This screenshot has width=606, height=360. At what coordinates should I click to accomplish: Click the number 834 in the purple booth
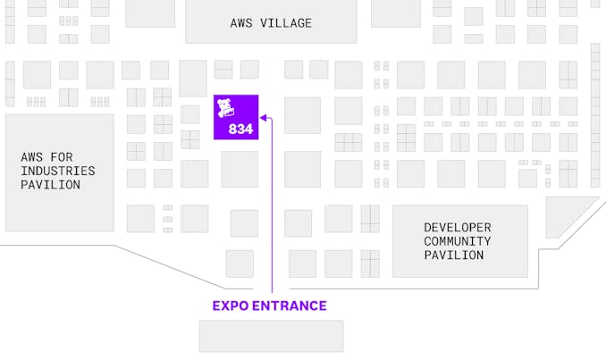pyautogui.click(x=241, y=129)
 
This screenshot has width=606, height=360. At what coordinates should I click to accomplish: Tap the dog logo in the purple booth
pyautogui.click(x=226, y=110)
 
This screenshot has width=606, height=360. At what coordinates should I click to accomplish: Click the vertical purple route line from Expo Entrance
pyautogui.click(x=272, y=214)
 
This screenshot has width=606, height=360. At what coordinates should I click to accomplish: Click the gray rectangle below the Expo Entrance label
pyautogui.click(x=271, y=336)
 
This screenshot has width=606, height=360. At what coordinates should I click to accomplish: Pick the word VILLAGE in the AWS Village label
pyautogui.click(x=286, y=23)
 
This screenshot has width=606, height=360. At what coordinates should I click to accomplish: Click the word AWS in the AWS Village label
pyautogui.click(x=243, y=23)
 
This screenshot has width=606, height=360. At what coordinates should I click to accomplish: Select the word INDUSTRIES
pyautogui.click(x=58, y=171)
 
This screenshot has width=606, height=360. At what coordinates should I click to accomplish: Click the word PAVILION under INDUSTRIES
pyautogui.click(x=51, y=185)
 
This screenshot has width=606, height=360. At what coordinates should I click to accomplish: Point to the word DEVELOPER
pyautogui.click(x=457, y=227)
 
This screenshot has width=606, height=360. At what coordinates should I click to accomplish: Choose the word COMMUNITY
pyautogui.click(x=457, y=241)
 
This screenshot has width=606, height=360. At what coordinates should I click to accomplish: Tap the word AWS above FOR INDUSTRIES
pyautogui.click(x=31, y=156)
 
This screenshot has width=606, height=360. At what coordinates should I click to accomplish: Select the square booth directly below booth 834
pyautogui.click(x=240, y=169)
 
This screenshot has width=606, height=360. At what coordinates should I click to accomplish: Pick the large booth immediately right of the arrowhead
pyautogui.click(x=302, y=115)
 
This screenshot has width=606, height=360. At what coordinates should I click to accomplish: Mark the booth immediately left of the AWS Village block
pyautogui.click(x=149, y=13)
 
